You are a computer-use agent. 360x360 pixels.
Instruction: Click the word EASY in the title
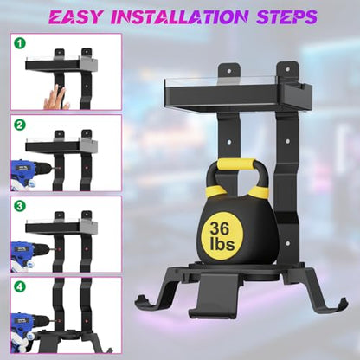click(75, 16)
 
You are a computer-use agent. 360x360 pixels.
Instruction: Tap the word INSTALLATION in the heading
click(179, 16)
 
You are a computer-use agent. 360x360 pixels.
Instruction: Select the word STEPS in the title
click(286, 16)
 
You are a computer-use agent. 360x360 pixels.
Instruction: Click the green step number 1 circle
click(20, 43)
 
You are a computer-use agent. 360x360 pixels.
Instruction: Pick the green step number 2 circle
click(20, 125)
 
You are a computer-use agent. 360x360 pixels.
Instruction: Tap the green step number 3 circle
click(20, 206)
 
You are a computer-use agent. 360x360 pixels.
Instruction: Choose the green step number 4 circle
click(20, 287)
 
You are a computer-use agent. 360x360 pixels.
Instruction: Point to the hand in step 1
click(55, 97)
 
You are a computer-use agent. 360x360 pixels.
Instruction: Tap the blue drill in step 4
click(29, 331)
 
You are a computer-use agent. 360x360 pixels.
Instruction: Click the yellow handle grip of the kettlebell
click(236, 164)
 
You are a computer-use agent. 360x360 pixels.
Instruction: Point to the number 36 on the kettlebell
click(220, 228)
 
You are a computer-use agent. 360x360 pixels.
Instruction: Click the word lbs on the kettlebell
click(222, 244)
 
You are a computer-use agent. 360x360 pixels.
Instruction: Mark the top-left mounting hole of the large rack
click(229, 71)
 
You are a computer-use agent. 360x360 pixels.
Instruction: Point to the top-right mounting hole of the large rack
click(287, 69)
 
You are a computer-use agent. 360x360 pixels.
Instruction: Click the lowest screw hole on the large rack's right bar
click(287, 244)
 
